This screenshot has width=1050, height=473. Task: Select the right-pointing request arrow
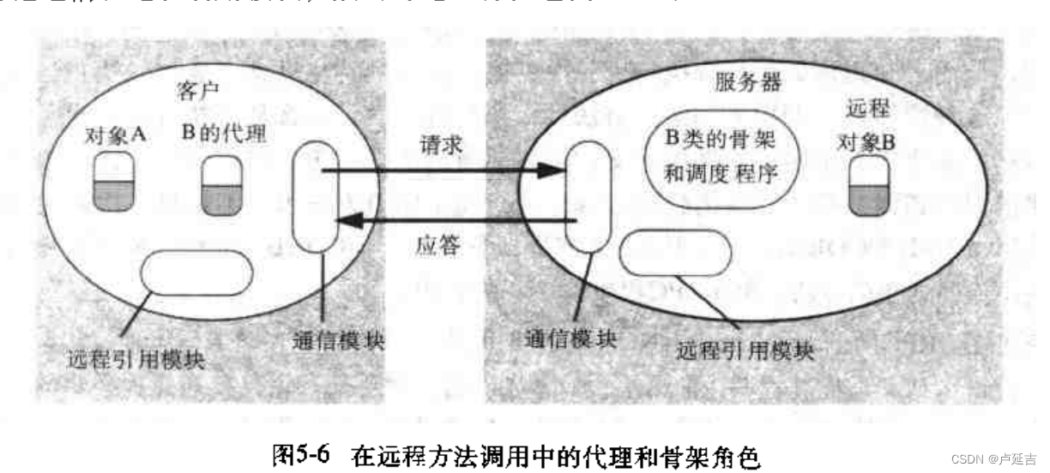pos(437,171)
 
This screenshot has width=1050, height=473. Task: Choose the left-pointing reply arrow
pos(455,222)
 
